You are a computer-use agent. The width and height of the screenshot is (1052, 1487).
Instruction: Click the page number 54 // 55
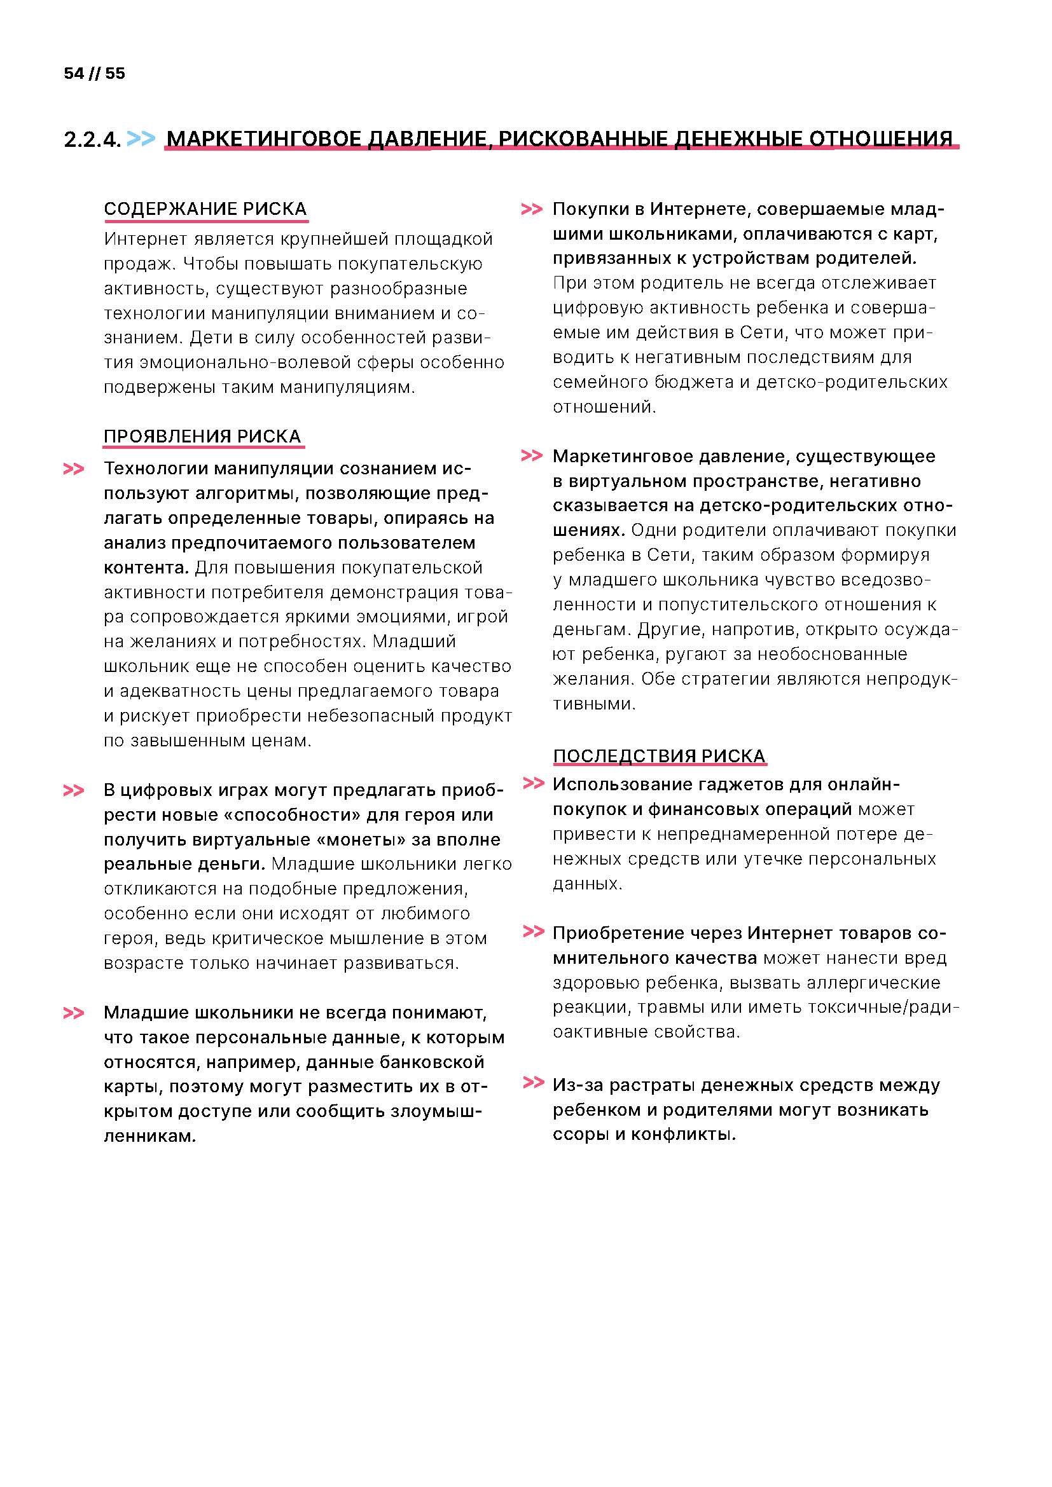(94, 74)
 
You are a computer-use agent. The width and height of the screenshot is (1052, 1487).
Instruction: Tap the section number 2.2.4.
(92, 140)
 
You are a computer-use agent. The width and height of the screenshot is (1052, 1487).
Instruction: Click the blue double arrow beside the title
(141, 139)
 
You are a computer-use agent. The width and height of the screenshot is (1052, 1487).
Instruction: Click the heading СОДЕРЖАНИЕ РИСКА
(205, 209)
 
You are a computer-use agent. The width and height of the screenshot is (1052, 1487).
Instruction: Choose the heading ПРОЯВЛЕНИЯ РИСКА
(202, 437)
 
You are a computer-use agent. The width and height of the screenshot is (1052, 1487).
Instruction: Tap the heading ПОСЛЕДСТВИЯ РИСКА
(659, 756)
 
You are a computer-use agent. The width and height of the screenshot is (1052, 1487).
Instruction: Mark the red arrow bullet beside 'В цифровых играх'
(73, 791)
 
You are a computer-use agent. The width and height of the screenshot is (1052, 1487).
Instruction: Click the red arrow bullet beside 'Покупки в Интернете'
(531, 209)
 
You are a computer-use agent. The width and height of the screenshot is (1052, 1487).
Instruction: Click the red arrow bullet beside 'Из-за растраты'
(532, 1082)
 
